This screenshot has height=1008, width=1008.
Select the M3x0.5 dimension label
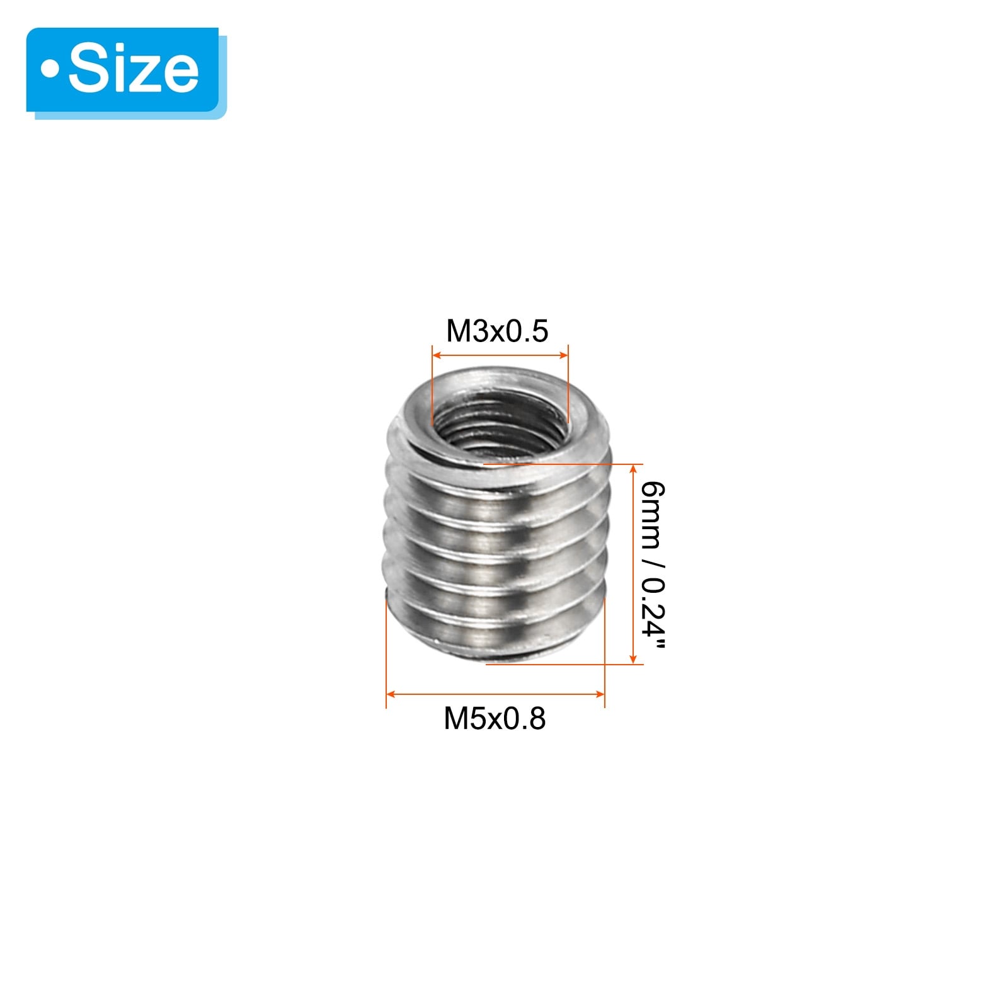coord(497,331)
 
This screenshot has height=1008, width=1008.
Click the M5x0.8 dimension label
coord(495,719)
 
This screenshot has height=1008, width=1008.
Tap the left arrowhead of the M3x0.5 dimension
coord(437,356)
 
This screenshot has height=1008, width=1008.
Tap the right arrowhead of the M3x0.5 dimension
coord(564,356)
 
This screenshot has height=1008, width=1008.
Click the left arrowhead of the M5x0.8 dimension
coord(391,694)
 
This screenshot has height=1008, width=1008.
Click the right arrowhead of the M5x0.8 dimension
coord(600,694)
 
